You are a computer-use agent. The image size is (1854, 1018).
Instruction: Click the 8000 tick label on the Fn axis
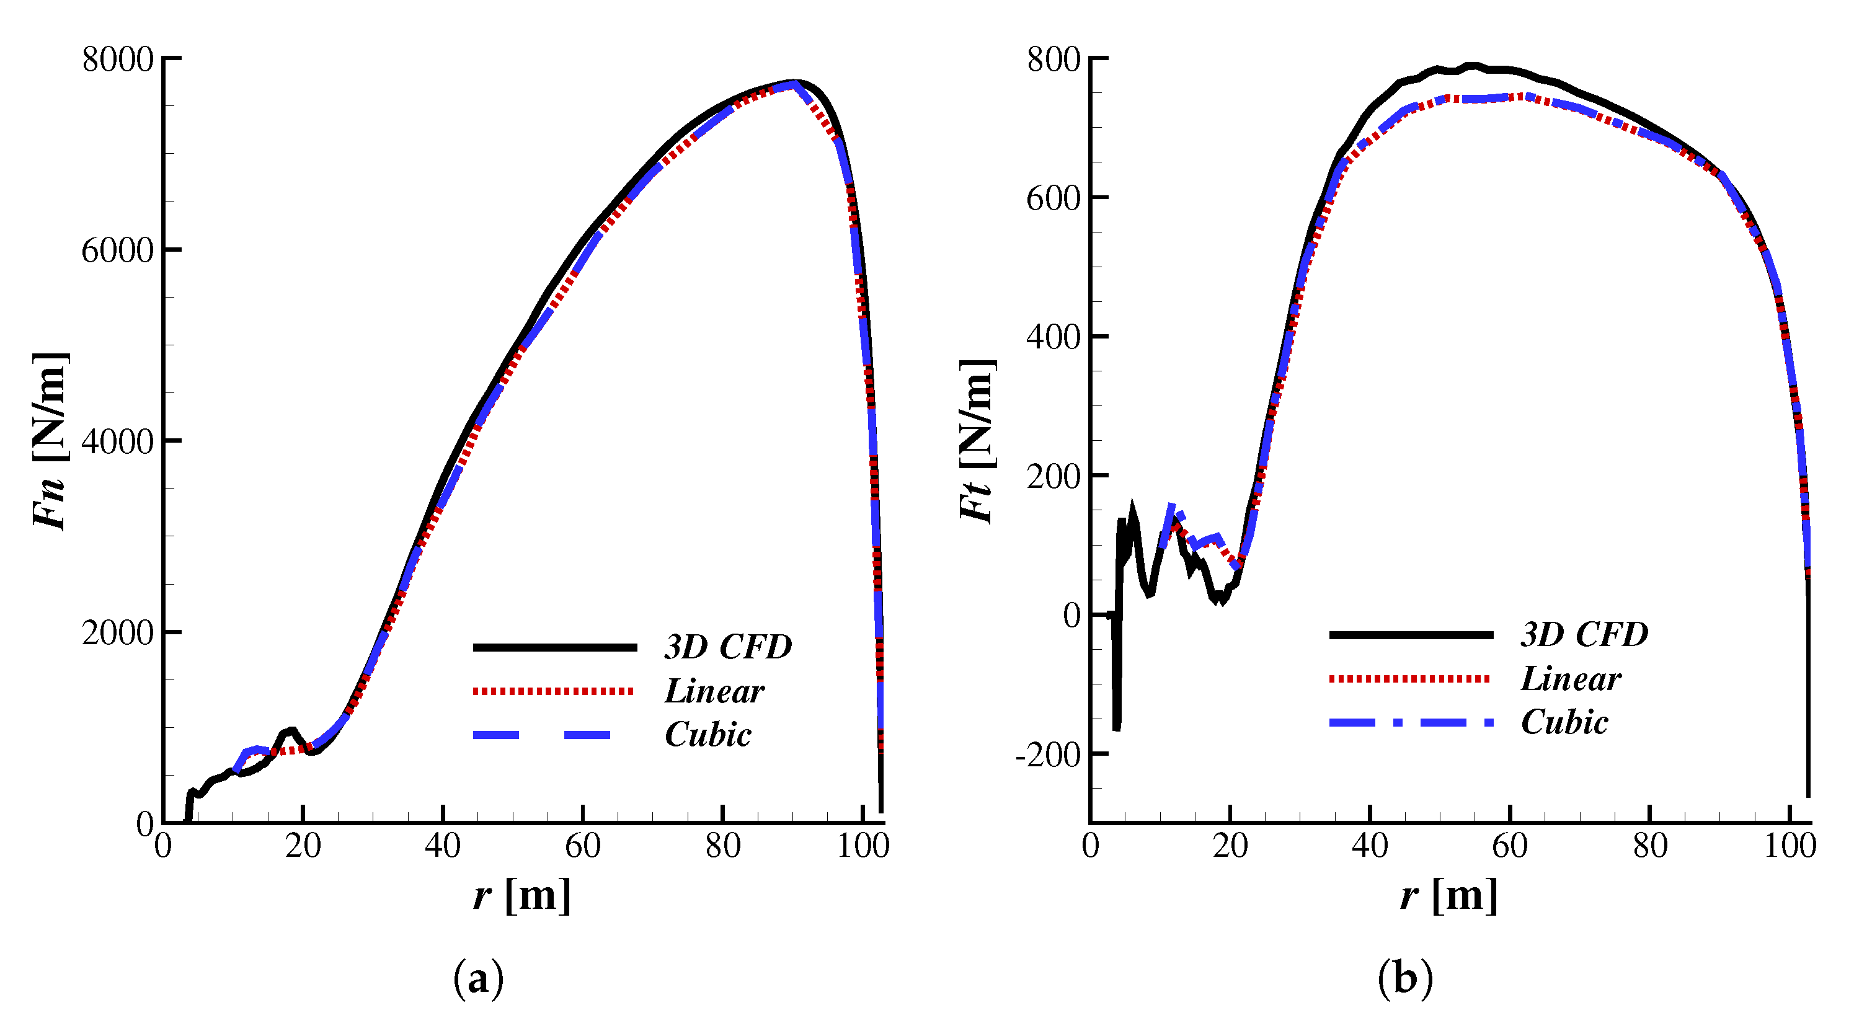click(x=117, y=59)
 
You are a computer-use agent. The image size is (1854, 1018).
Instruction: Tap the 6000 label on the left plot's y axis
click(x=117, y=250)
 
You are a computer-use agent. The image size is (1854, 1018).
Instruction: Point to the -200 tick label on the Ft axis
click(x=1047, y=755)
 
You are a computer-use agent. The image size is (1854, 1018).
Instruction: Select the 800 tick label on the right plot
click(x=1053, y=59)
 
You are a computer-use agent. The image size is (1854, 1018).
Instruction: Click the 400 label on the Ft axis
click(x=1053, y=337)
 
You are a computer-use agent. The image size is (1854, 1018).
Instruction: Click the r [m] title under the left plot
click(x=522, y=896)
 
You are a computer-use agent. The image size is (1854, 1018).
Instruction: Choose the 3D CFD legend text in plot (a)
click(x=727, y=647)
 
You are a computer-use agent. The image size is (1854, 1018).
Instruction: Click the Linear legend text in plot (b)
click(x=1571, y=678)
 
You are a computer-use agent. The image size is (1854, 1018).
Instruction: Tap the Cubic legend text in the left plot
click(x=707, y=735)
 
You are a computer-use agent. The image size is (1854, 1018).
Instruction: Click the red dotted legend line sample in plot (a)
click(x=552, y=691)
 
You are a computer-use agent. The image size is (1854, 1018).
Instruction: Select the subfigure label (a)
click(x=478, y=978)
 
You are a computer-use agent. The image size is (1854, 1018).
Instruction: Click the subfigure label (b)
click(x=1405, y=978)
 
